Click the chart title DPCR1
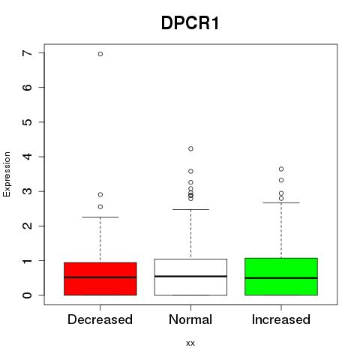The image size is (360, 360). (190, 23)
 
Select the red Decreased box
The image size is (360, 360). (100, 279)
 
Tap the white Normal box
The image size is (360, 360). (190, 277)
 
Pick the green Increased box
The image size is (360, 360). (281, 277)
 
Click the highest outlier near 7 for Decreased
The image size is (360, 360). (100, 54)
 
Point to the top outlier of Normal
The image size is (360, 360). (190, 148)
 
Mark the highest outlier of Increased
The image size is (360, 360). (281, 169)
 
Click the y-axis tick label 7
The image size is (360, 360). (28, 53)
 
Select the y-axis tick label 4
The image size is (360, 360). (28, 157)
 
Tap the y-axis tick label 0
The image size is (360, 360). (28, 295)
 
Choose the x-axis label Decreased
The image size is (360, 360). (100, 319)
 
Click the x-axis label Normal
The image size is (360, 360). (190, 319)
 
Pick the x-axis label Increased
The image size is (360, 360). (281, 319)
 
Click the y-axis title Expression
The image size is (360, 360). (7, 174)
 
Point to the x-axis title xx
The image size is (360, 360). (190, 343)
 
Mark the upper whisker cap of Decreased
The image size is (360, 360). (100, 217)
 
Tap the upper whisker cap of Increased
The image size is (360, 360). (281, 202)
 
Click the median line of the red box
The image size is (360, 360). (100, 277)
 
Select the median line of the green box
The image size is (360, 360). (281, 278)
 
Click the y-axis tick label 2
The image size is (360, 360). (28, 226)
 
